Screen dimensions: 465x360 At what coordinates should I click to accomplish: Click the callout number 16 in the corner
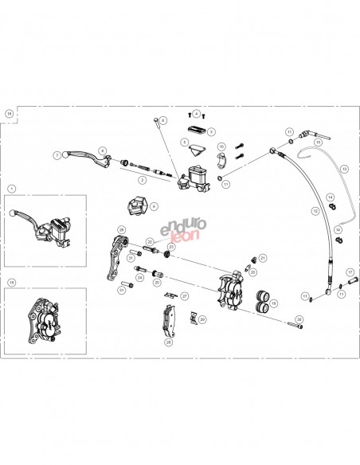coord(10,114)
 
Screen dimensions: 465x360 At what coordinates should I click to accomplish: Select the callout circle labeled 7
coord(57,155)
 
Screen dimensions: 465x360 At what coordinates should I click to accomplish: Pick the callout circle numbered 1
coord(10,190)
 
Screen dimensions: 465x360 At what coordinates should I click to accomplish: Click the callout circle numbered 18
coord(10,283)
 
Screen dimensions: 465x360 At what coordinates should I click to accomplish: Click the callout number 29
coord(202,320)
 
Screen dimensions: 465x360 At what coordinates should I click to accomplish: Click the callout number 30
coord(299,320)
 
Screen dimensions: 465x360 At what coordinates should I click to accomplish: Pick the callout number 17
coord(350,294)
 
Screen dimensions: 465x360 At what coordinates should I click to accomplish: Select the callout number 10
coord(221,147)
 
